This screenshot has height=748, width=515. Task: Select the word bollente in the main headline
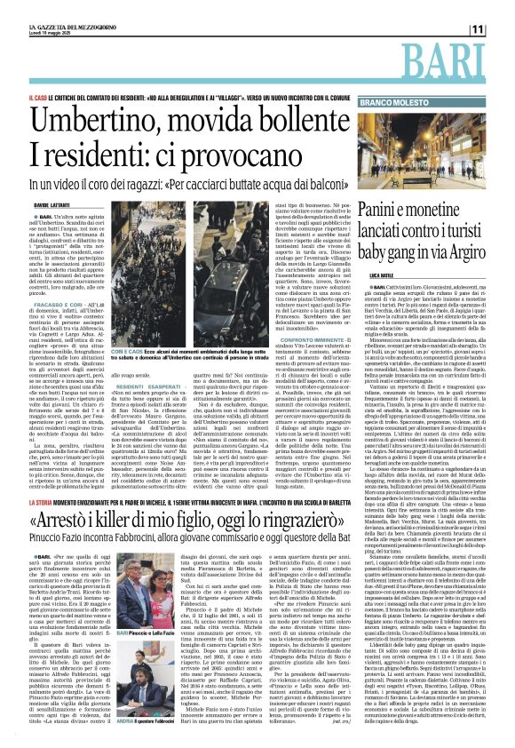click(305, 118)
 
